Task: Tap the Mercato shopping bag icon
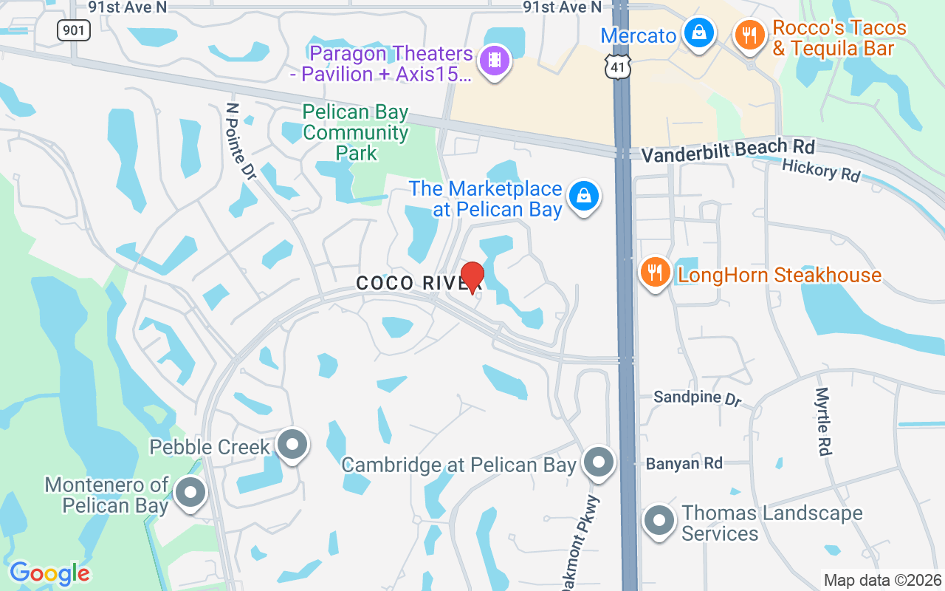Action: (698, 33)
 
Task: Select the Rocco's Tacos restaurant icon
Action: (750, 34)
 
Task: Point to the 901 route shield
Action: (74, 30)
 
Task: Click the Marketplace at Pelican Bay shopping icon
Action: (584, 197)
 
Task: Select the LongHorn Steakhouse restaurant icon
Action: (654, 273)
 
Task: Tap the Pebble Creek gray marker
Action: (292, 445)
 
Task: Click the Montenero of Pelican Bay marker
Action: (191, 492)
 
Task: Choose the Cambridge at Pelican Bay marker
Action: (599, 463)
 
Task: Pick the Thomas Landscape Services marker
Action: (659, 521)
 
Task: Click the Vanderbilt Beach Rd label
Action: (727, 150)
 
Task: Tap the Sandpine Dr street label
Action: (697, 398)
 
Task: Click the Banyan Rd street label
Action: (684, 464)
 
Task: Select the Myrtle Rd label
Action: (824, 421)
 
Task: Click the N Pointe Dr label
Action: (241, 140)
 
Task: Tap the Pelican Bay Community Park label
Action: (355, 133)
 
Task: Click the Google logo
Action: (49, 573)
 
